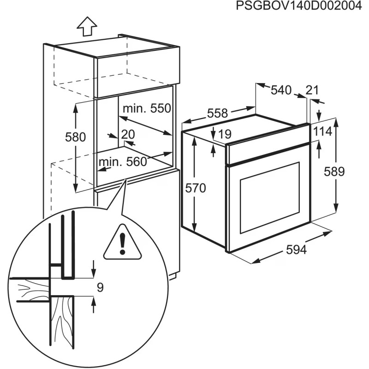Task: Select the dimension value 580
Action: (x=76, y=137)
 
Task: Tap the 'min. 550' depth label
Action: (x=147, y=109)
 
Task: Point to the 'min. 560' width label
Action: (x=122, y=161)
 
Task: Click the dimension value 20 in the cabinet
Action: (x=127, y=134)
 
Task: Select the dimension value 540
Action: (x=281, y=90)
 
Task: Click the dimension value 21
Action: (x=312, y=90)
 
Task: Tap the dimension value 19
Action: (x=225, y=134)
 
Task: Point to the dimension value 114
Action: (x=322, y=131)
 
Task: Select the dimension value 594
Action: (x=296, y=250)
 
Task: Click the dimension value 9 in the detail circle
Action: (x=100, y=288)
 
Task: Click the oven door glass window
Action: (x=270, y=198)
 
